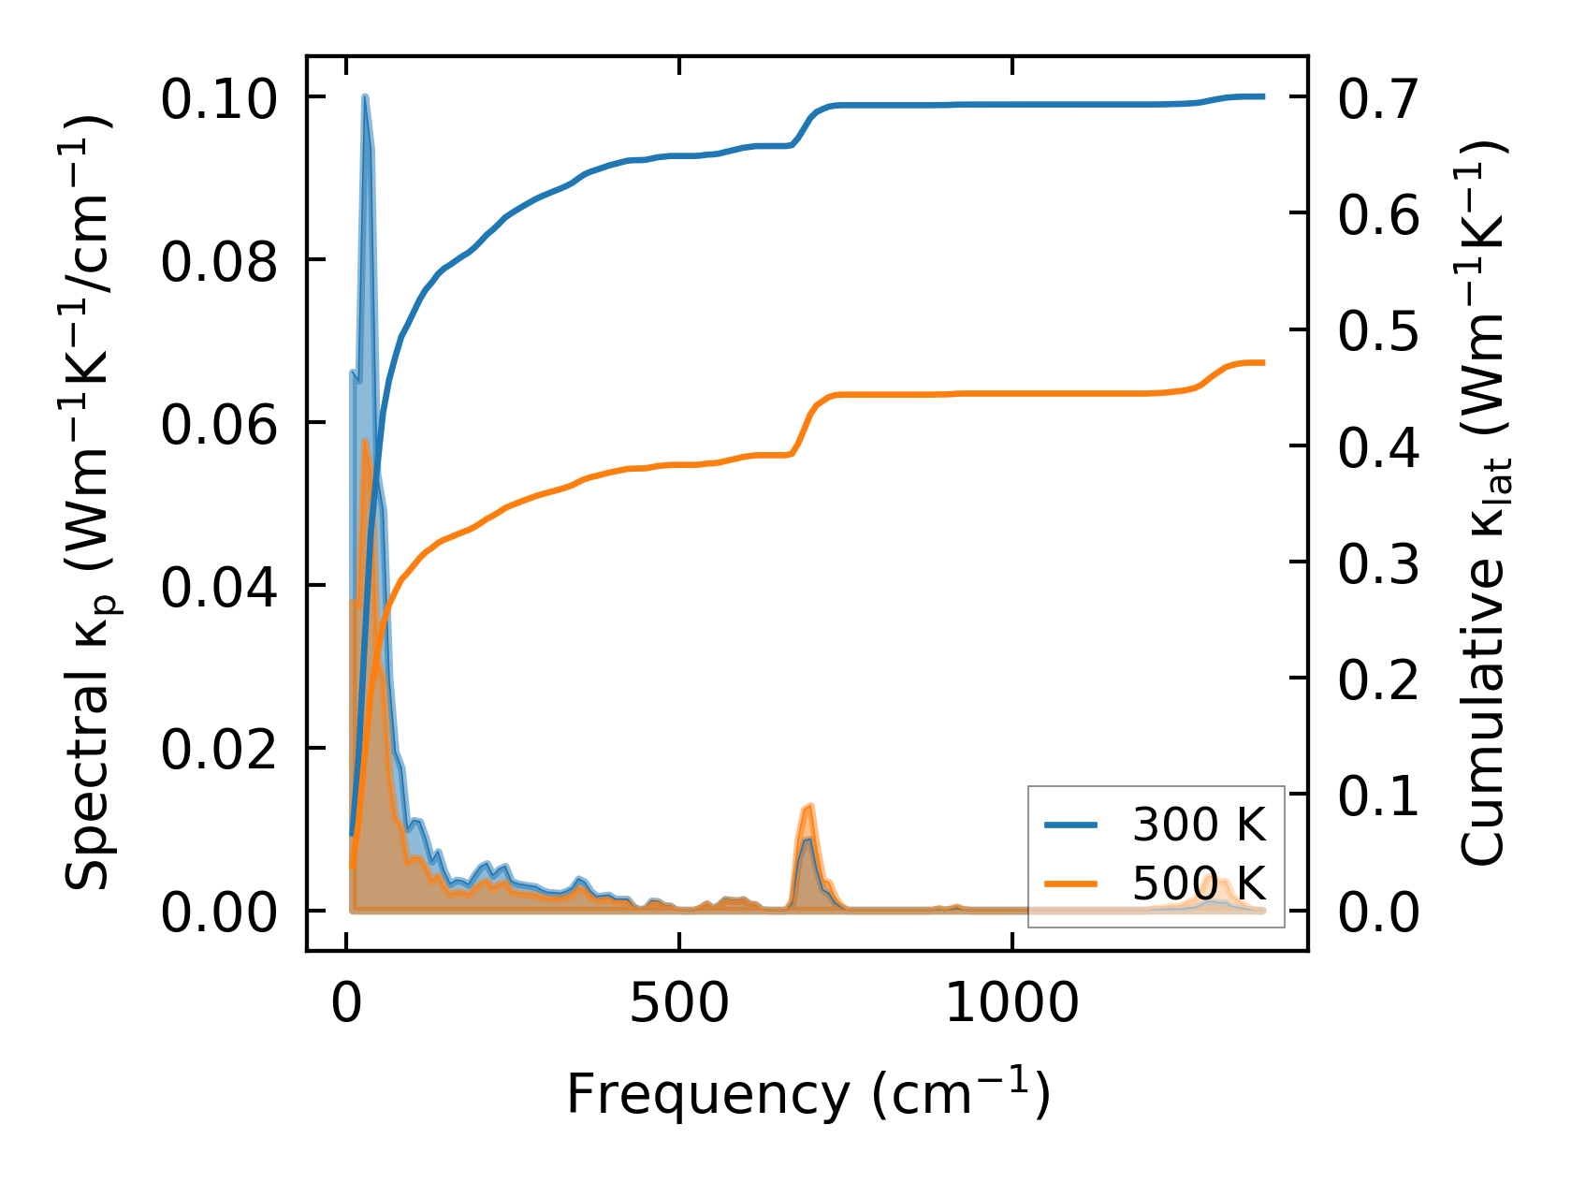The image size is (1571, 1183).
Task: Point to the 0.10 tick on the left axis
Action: pos(219,98)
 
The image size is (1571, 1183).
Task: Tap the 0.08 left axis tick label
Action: pos(219,261)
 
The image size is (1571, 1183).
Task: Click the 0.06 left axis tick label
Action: pos(219,424)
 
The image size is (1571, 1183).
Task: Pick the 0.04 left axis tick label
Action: pos(219,587)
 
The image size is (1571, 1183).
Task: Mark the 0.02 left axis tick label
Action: pos(219,750)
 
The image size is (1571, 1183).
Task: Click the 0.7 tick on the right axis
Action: pos(1378,98)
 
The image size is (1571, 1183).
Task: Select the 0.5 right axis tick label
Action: pos(1378,331)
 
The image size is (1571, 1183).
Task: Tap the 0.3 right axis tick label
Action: pos(1378,563)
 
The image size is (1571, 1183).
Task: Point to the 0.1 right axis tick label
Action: pos(1378,796)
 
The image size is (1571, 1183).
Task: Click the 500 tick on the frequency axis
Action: pos(678,1005)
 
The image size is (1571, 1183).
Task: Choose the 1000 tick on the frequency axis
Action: pos(1012,1005)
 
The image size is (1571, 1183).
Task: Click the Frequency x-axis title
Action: pos(808,1093)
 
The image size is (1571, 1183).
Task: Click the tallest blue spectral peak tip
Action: pos(365,97)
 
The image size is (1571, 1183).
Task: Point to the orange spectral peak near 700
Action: pos(810,806)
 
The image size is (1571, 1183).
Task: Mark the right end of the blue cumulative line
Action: pos(1263,96)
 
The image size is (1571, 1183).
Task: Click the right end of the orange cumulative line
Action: pos(1263,362)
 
